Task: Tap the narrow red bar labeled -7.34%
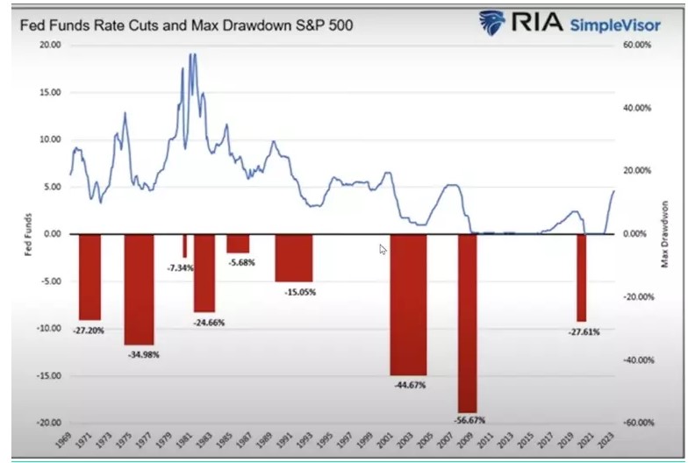185,245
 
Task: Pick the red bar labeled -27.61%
581,277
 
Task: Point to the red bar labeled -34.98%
139,288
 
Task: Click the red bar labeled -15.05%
293,257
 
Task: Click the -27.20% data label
90,331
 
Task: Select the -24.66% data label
209,323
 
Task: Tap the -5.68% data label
240,262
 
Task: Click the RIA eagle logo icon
493,23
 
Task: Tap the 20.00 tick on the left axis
49,44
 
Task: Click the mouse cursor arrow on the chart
383,250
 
